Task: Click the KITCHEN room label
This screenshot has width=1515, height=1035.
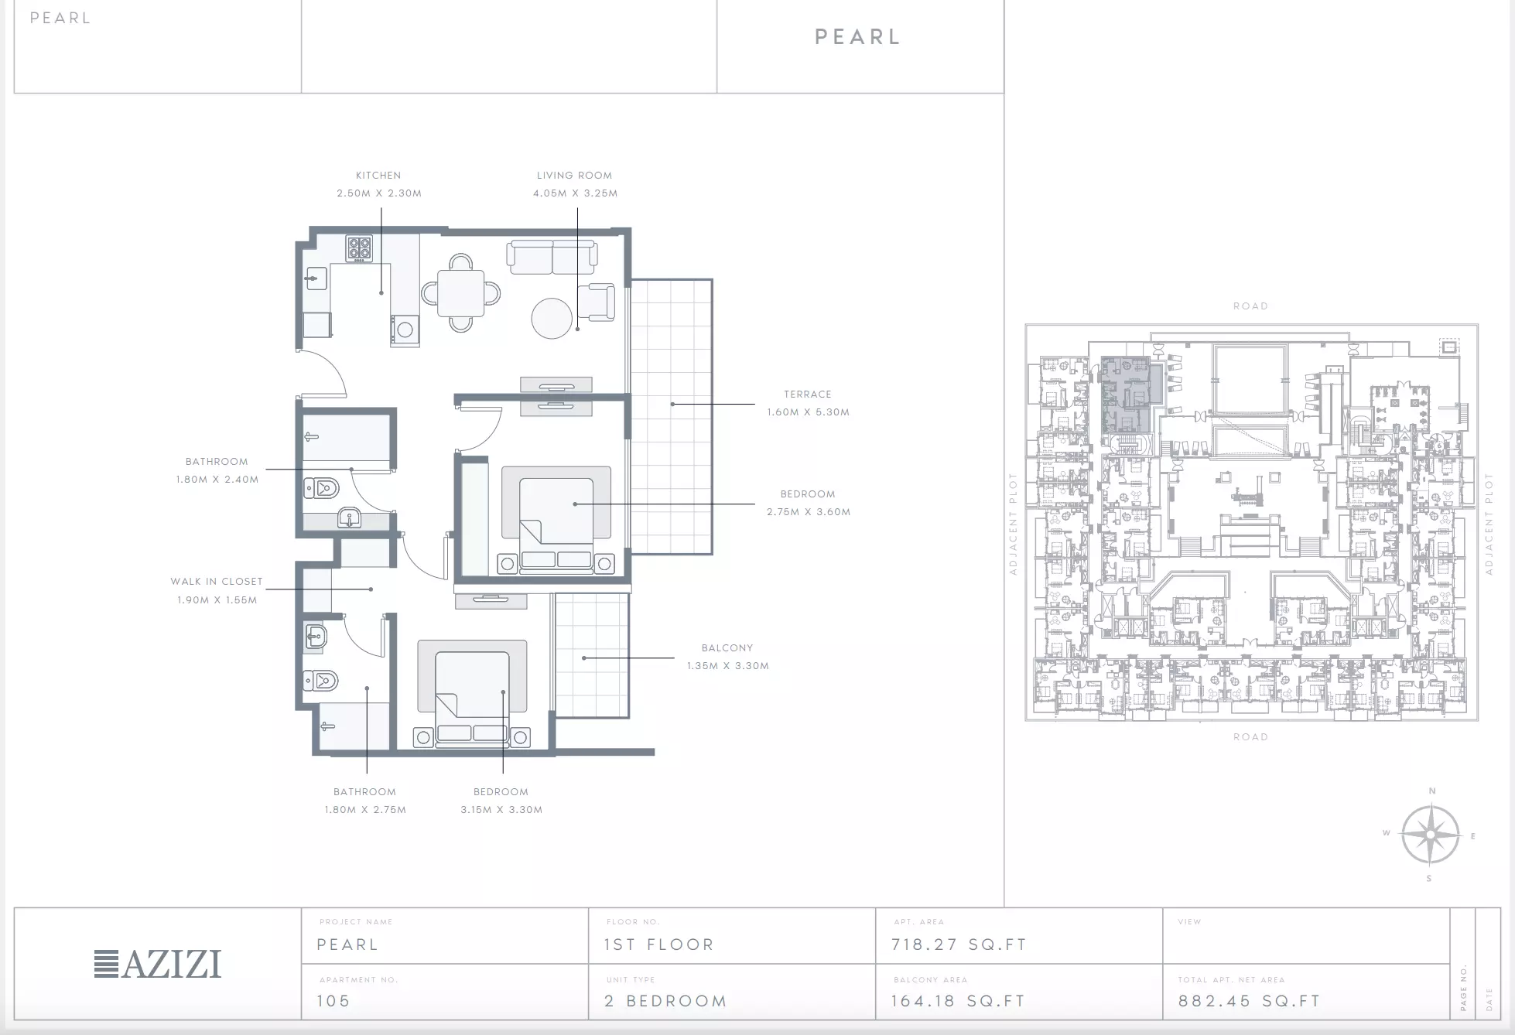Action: pyautogui.click(x=378, y=176)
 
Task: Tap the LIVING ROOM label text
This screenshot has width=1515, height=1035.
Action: pyautogui.click(x=575, y=176)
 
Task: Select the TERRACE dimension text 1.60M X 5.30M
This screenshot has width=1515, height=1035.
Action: pyautogui.click(x=809, y=412)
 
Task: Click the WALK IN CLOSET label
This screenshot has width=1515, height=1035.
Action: pyautogui.click(x=217, y=582)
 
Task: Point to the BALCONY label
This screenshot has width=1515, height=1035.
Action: pyautogui.click(x=727, y=648)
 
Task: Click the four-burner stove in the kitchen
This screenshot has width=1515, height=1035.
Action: pyautogui.click(x=359, y=248)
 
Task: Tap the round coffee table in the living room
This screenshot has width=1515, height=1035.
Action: pyautogui.click(x=552, y=318)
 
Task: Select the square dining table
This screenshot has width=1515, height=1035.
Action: pyautogui.click(x=461, y=293)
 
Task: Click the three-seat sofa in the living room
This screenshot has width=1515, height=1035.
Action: pyautogui.click(x=552, y=258)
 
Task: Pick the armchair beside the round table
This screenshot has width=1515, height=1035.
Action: pyautogui.click(x=597, y=302)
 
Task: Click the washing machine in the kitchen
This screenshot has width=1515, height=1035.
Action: pyautogui.click(x=405, y=330)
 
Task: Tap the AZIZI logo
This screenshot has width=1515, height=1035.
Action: pyautogui.click(x=158, y=964)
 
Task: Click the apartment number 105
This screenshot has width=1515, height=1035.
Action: pyautogui.click(x=333, y=1001)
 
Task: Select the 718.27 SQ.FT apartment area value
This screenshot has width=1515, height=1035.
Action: pyautogui.click(x=959, y=944)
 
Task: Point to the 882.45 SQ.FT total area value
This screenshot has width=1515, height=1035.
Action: pyautogui.click(x=1249, y=1001)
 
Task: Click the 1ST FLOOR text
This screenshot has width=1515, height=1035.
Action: pyautogui.click(x=659, y=944)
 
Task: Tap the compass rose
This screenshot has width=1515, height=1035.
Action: pyautogui.click(x=1431, y=835)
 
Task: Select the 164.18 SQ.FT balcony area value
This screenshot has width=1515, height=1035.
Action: pyautogui.click(x=958, y=1001)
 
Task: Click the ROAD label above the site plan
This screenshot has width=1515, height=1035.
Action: pyautogui.click(x=1251, y=306)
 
